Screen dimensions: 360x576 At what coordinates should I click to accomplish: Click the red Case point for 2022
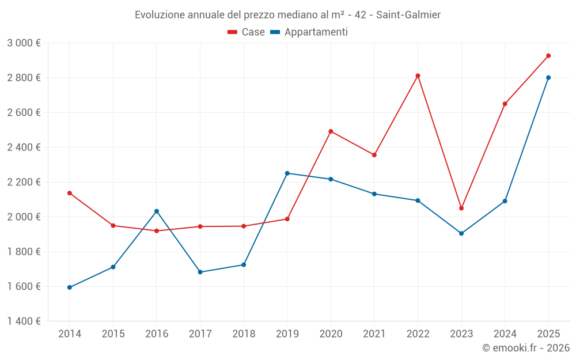click(x=418, y=75)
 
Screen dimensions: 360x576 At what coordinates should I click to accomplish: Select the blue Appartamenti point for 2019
click(x=287, y=173)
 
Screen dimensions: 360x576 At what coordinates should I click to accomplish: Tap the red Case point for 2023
click(x=461, y=208)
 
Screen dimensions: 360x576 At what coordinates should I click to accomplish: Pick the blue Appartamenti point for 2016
click(x=157, y=211)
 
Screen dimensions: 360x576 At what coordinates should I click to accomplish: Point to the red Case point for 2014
click(x=70, y=193)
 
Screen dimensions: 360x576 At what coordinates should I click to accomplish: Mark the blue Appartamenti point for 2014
click(x=70, y=287)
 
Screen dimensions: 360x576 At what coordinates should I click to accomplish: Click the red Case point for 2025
click(x=548, y=56)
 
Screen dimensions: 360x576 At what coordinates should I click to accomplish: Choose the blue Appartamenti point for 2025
click(x=548, y=78)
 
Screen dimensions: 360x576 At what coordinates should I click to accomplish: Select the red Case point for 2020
click(x=331, y=131)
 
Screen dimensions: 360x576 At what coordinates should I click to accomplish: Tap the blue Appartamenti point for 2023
click(x=461, y=233)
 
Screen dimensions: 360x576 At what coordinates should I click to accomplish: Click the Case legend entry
click(x=247, y=32)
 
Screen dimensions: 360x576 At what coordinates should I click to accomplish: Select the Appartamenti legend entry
click(x=309, y=32)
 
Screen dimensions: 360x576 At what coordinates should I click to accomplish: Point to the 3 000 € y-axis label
click(x=24, y=43)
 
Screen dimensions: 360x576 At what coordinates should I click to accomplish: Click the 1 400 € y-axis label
click(x=24, y=321)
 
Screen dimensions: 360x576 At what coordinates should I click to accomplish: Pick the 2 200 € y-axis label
click(x=24, y=182)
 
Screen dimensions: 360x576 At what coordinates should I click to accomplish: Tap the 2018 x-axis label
click(x=244, y=334)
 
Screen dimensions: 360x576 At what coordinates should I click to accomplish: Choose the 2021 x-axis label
click(x=374, y=334)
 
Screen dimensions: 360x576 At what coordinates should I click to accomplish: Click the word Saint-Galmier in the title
click(x=408, y=15)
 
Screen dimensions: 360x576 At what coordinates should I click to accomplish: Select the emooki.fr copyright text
click(x=526, y=348)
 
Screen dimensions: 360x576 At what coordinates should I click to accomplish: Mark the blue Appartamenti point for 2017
click(x=200, y=272)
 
